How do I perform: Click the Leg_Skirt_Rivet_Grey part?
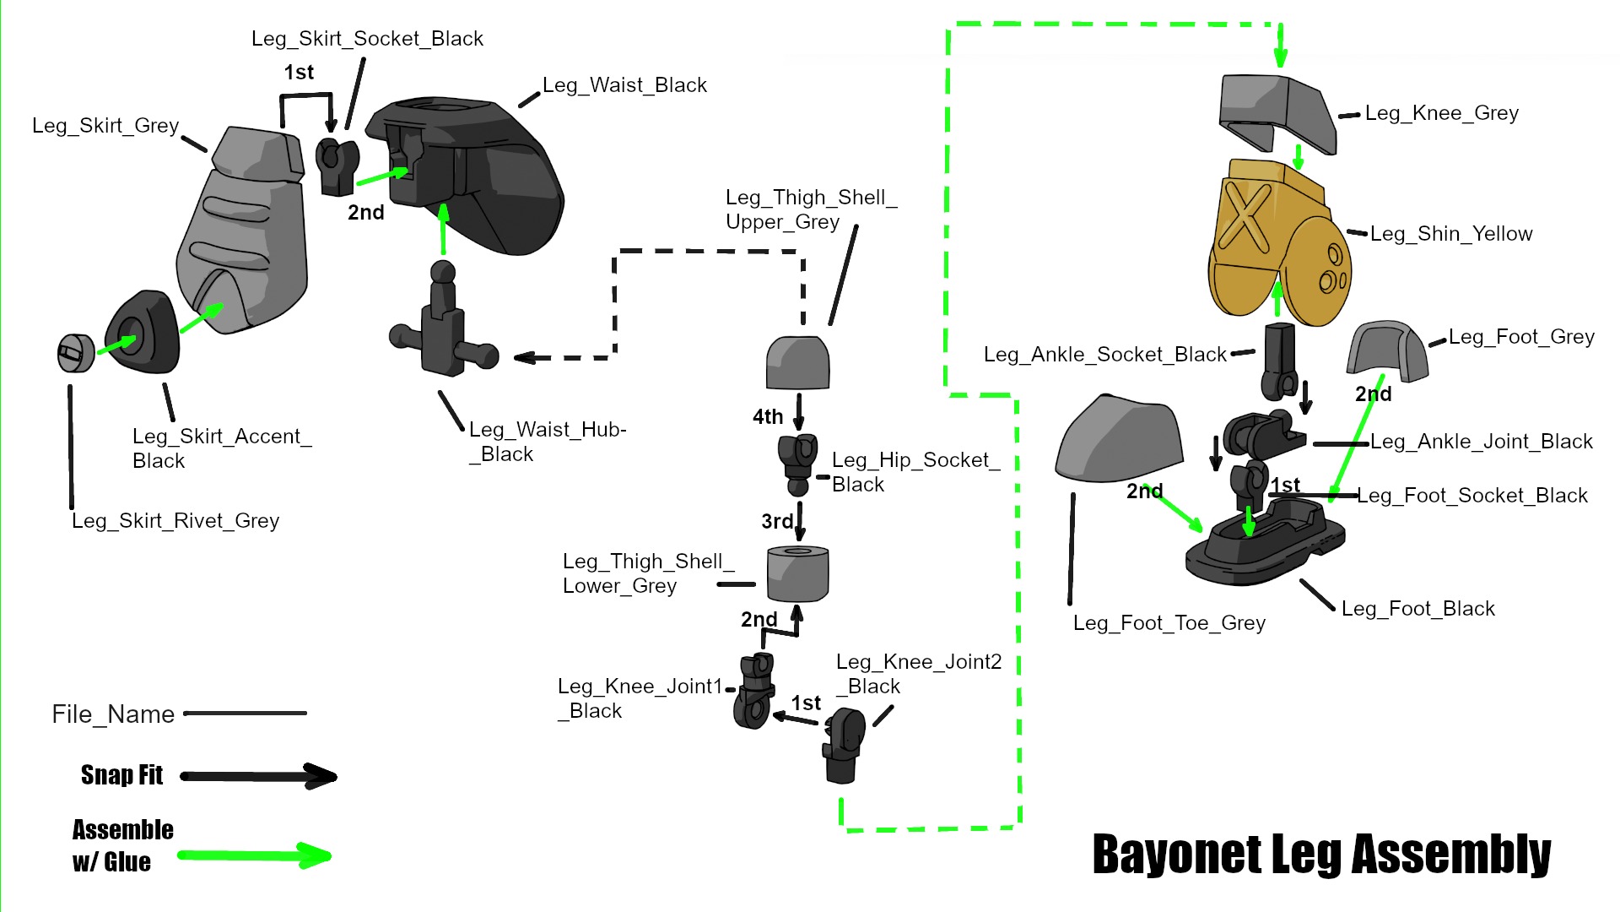(75, 353)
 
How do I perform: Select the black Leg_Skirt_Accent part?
(143, 333)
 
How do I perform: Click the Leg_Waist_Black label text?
(624, 85)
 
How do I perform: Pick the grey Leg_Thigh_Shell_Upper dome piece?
(797, 363)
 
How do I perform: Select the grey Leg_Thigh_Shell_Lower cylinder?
(797, 574)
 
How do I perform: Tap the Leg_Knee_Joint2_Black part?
(844, 743)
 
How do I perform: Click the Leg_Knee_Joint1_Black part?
(754, 692)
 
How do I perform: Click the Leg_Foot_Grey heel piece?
(1386, 351)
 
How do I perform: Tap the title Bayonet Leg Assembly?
(1321, 855)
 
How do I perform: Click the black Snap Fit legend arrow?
(258, 776)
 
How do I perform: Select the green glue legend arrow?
(254, 856)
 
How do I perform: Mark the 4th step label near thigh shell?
(768, 417)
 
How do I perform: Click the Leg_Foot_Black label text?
(1417, 609)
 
